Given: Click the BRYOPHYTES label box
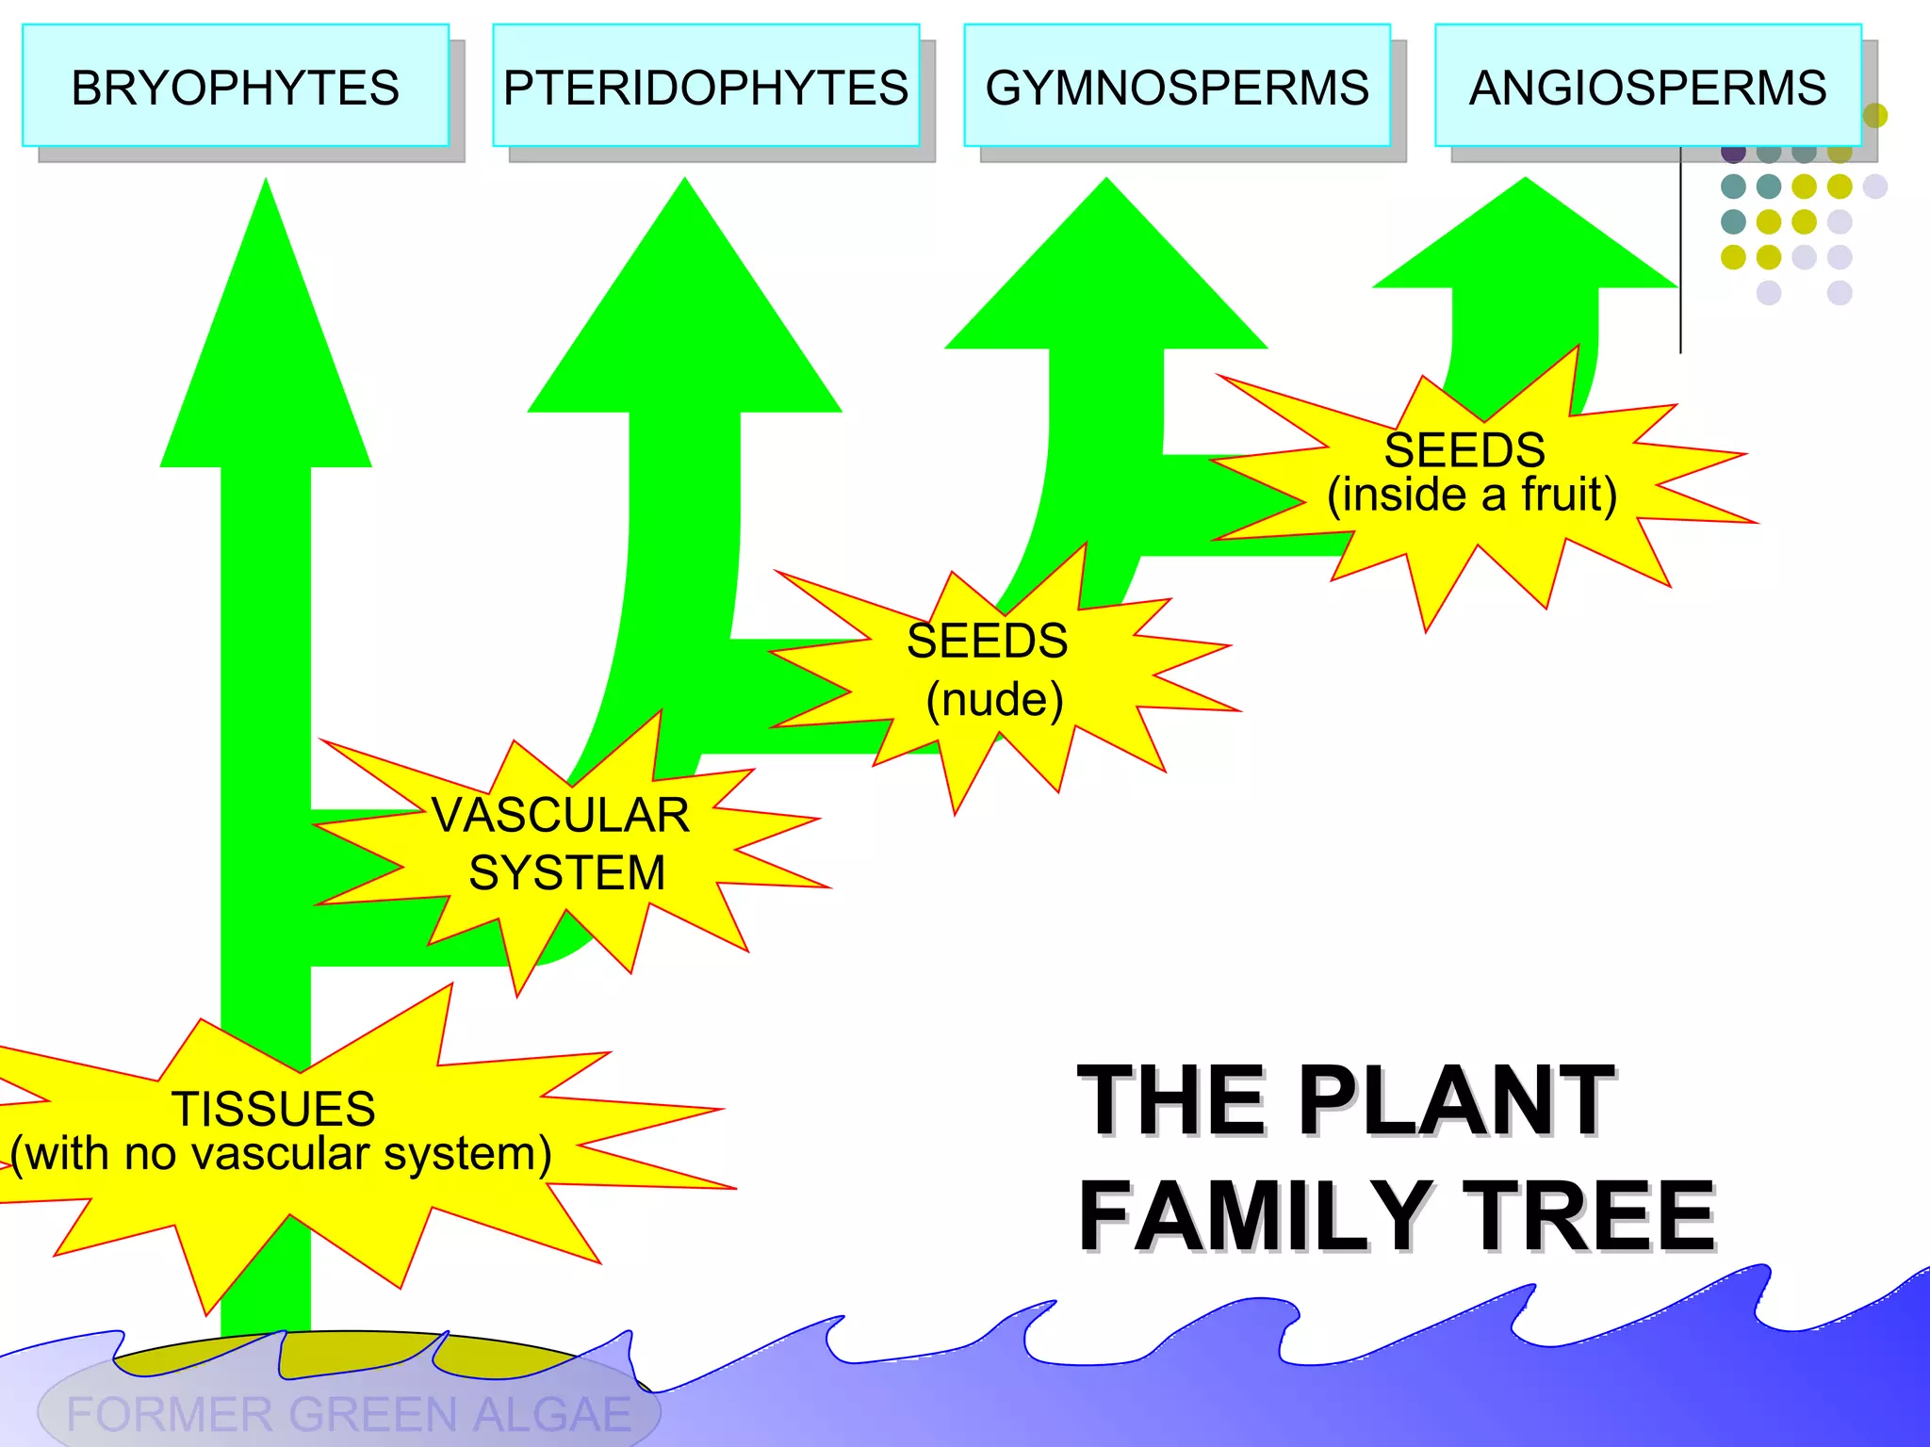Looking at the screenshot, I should point(235,87).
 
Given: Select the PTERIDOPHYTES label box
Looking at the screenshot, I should point(705,87).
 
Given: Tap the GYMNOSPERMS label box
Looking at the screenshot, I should point(1176,87).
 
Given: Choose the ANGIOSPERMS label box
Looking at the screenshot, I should point(1647,87).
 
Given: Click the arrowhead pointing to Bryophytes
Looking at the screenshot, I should point(266,358).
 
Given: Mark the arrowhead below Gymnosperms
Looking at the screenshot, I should point(1106,283).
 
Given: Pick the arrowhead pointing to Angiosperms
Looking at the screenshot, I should point(1525,245).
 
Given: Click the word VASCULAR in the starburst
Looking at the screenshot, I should point(561,815).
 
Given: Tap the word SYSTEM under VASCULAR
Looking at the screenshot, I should point(566,872).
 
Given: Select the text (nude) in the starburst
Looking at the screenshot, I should point(994,700).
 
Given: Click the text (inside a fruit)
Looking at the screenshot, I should point(1472,495).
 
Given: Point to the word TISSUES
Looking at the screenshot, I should point(273,1109).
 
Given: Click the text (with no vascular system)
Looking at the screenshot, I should point(281,1154).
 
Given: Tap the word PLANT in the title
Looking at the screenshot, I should point(1456,1099).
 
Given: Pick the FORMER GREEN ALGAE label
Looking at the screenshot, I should point(349,1413).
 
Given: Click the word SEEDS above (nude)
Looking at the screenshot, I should point(987,642).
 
